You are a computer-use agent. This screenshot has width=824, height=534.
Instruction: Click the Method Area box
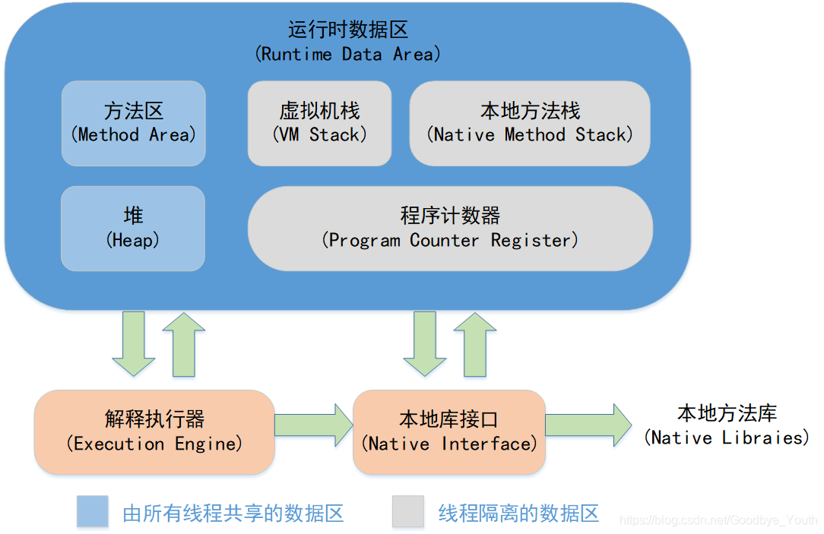coord(133,123)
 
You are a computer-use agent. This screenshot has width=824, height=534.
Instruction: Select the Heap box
coord(133,228)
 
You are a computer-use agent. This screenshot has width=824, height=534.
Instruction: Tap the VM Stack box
coord(319,123)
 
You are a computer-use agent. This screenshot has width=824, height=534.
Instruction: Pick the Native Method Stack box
coord(530,123)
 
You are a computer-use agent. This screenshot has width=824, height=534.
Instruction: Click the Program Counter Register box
coord(450,228)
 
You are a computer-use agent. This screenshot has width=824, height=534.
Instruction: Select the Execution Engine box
coord(154,431)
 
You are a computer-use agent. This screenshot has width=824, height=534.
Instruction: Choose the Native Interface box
coord(449,431)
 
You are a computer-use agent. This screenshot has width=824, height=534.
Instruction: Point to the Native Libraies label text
coord(727,426)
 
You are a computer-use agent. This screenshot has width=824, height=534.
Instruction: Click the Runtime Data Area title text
coord(348,42)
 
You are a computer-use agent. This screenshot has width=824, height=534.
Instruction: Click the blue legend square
coord(92,511)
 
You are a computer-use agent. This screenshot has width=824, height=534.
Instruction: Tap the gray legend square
coord(407,511)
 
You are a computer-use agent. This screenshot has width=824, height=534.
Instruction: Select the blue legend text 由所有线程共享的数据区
coord(233,513)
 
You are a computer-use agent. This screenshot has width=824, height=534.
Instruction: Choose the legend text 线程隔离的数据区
coord(518,513)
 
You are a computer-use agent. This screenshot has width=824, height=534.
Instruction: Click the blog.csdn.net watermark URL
coord(718,520)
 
